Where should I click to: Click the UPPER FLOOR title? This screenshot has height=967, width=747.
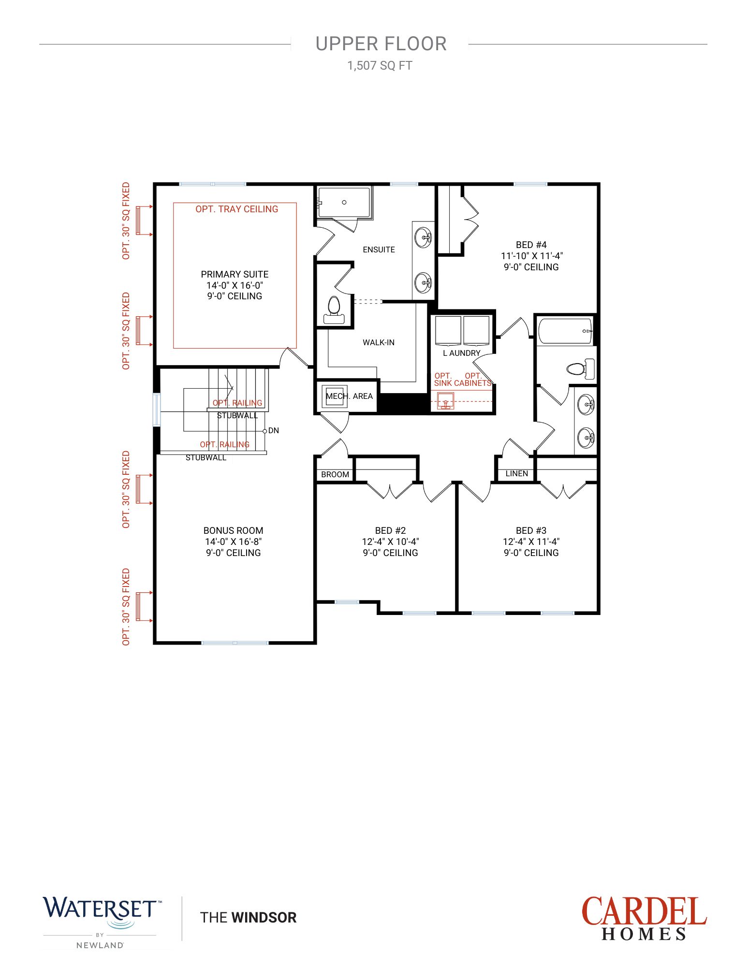381,44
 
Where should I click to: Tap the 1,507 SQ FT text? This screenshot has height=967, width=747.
380,66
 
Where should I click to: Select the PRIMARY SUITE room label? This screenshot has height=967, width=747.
234,274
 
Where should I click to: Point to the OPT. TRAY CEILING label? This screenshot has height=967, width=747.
237,209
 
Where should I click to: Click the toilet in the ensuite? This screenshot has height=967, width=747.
334,310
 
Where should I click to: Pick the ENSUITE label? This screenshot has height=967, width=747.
379,249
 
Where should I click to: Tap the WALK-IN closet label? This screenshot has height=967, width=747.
379,342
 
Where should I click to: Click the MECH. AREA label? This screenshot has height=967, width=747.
349,396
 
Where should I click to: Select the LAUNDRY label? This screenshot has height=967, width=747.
462,353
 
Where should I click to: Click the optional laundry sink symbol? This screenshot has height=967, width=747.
446,401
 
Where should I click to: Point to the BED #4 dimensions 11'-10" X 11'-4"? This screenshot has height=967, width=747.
532,256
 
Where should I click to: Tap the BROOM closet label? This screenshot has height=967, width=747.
335,474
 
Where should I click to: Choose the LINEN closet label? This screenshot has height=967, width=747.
517,473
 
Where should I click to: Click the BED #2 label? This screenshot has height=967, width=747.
390,530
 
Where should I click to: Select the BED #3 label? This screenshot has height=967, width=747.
531,530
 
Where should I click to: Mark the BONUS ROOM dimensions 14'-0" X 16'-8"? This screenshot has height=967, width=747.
234,542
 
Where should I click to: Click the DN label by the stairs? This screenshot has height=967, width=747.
274,430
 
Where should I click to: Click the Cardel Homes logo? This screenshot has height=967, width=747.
644,918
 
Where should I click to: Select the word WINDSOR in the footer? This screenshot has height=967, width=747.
264,917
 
